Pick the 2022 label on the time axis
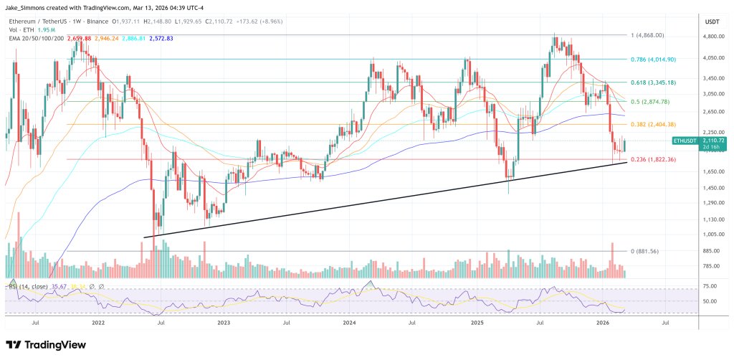[x=99, y=324]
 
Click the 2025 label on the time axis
[x=477, y=324]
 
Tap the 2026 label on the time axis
[x=603, y=324]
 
